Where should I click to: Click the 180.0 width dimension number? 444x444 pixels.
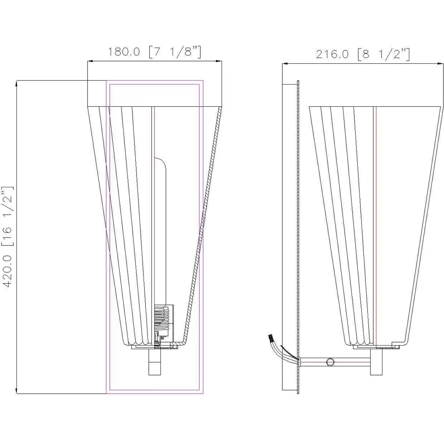(x=124, y=52)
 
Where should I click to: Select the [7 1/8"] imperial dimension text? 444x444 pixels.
(x=175, y=52)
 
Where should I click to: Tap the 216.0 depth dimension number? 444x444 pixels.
(x=332, y=54)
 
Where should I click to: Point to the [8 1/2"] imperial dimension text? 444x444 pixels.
(x=384, y=54)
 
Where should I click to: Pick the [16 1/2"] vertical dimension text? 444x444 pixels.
(x=7, y=216)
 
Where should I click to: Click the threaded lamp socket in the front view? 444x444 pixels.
(x=163, y=319)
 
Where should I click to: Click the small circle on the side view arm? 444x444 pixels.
(x=330, y=362)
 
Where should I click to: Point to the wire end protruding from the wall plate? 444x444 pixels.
(x=271, y=338)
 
